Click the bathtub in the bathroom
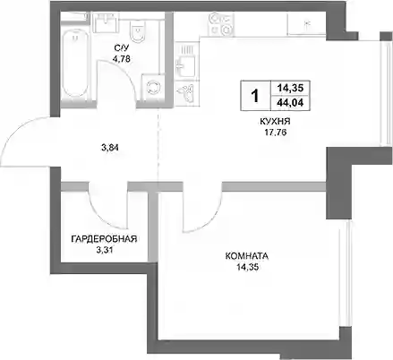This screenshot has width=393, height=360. (x=74, y=65)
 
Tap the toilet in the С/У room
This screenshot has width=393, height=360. (x=137, y=31)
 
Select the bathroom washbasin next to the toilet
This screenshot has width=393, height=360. (x=107, y=22)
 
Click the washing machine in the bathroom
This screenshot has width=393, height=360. (x=153, y=87)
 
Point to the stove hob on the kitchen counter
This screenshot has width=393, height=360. (x=220, y=24)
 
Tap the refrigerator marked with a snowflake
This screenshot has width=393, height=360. (x=306, y=24)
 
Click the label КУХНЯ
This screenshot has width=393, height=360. (x=275, y=122)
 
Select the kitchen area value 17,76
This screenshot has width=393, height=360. (x=276, y=132)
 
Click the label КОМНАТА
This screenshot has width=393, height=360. (x=247, y=256)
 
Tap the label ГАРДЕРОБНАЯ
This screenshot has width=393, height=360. (x=104, y=239)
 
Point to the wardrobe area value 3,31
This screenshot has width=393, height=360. (x=104, y=250)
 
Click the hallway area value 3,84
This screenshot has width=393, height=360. (x=110, y=147)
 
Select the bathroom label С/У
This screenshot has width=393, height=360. (x=121, y=48)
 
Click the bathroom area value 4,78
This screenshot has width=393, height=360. (x=121, y=59)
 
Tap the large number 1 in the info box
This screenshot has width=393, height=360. (x=255, y=96)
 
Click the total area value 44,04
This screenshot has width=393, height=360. (x=290, y=103)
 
